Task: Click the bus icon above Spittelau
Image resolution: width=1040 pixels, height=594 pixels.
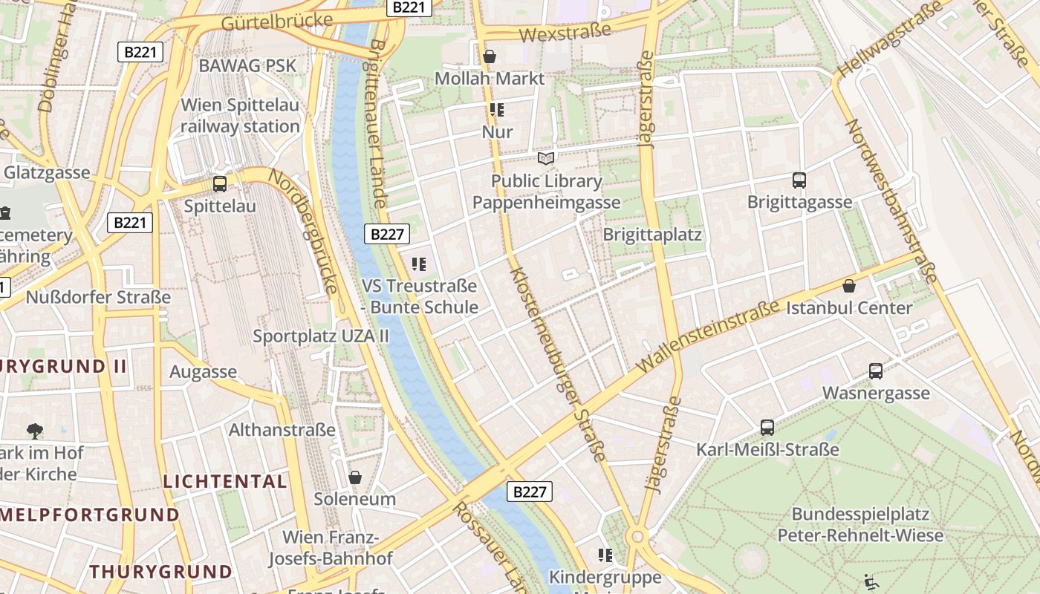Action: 220,183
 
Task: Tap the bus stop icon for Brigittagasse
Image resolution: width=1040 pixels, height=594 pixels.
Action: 799,180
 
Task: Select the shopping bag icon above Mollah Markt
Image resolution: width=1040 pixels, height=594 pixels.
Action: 490,56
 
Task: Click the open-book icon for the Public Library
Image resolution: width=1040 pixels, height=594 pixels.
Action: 546,158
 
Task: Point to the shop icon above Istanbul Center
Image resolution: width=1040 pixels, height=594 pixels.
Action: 849,286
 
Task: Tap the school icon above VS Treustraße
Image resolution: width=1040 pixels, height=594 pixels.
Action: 419,264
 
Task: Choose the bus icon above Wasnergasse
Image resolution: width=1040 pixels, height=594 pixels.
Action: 876,371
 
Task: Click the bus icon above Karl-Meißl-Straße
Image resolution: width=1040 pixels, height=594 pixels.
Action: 767,427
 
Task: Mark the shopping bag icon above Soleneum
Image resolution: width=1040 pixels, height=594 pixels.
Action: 355,477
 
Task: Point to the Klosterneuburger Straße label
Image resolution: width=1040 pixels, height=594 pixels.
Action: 559,364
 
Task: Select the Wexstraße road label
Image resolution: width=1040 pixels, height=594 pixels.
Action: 565,32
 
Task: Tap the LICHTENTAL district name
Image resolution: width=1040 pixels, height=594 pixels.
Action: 225,481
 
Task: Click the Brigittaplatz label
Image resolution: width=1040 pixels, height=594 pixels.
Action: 652,235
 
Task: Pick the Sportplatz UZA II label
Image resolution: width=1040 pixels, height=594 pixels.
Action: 321,336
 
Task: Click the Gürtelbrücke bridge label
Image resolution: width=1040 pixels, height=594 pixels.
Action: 276,22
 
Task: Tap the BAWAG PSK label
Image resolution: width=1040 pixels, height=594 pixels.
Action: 247,65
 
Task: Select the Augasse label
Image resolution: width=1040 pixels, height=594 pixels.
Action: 203,371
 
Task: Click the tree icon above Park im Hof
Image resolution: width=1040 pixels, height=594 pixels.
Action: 34,431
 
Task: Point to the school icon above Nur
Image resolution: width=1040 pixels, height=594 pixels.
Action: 497,111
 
